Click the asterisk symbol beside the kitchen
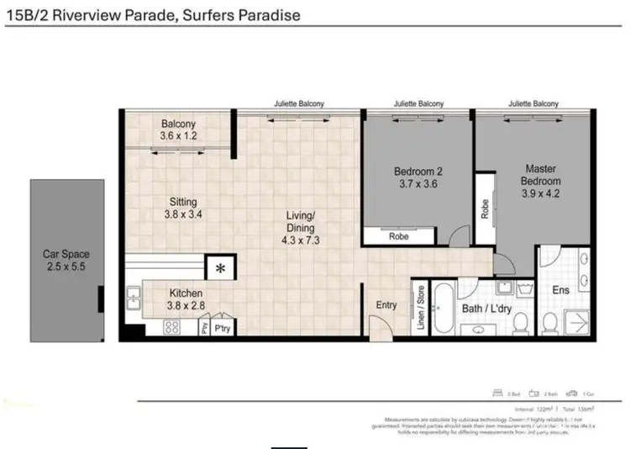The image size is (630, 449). click(x=220, y=269)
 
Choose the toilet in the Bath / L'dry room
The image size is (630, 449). click(x=519, y=324)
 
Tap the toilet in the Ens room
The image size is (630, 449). click(x=551, y=324)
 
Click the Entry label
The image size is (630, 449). click(x=386, y=305)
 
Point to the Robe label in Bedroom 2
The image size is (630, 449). click(x=399, y=237)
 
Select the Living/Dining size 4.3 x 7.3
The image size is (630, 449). click(x=301, y=239)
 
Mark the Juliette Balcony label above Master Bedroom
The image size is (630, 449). click(x=533, y=103)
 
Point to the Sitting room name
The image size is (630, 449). click(x=183, y=202)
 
